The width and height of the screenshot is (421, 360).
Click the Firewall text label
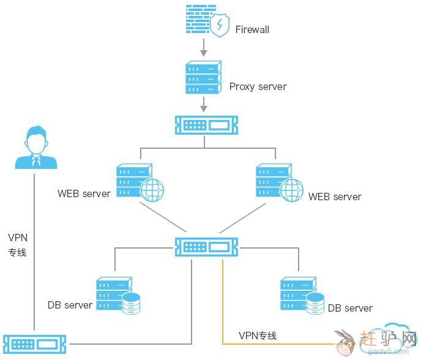point(252,29)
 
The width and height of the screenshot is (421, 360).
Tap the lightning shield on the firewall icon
point(219,25)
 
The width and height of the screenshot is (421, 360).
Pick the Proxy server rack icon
point(203,78)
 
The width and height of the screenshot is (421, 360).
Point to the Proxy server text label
point(258,86)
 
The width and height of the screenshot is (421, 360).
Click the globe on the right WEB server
point(291,189)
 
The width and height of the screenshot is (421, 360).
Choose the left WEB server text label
point(84,194)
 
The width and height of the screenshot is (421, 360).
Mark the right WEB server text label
point(335,197)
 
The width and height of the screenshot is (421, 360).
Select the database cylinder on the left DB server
point(131,303)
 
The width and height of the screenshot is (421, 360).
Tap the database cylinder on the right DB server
point(315,303)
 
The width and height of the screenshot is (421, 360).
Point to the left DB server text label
point(70,305)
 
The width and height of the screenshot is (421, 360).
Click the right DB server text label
point(350,308)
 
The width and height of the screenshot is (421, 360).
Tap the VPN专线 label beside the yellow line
point(258,336)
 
